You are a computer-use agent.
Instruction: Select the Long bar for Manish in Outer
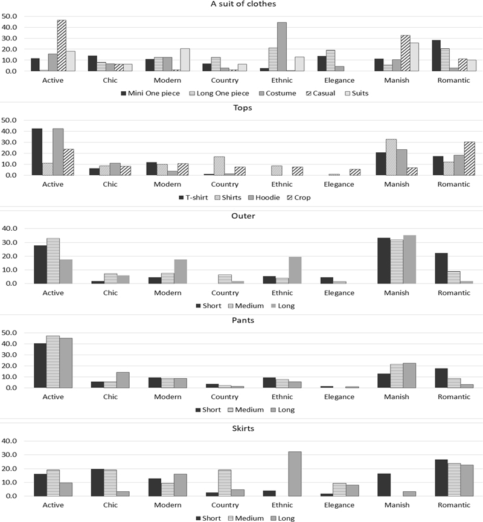[409, 260]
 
